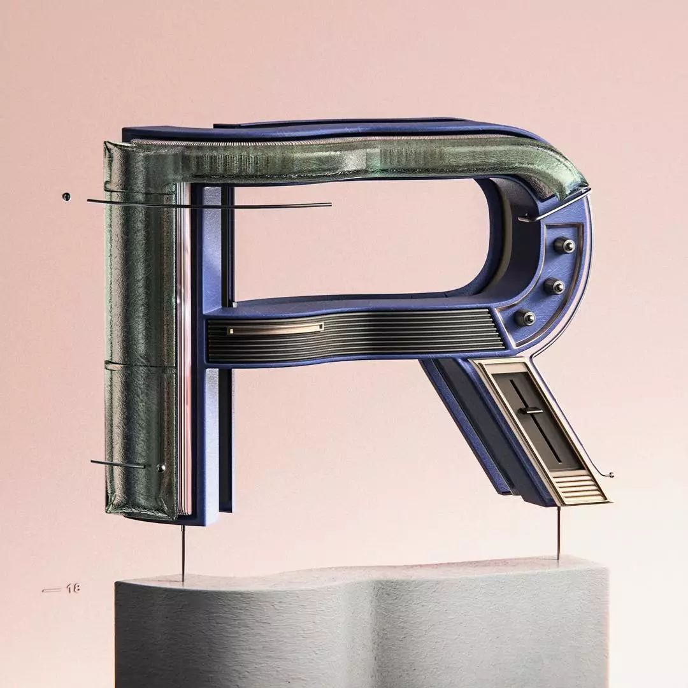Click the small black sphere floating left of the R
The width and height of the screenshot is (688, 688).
[67, 196]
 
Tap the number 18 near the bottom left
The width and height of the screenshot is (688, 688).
[73, 589]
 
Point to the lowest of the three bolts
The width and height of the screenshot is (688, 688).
[525, 317]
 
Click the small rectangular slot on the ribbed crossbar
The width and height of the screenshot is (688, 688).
[276, 328]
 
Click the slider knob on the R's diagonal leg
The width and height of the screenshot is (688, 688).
[530, 411]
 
